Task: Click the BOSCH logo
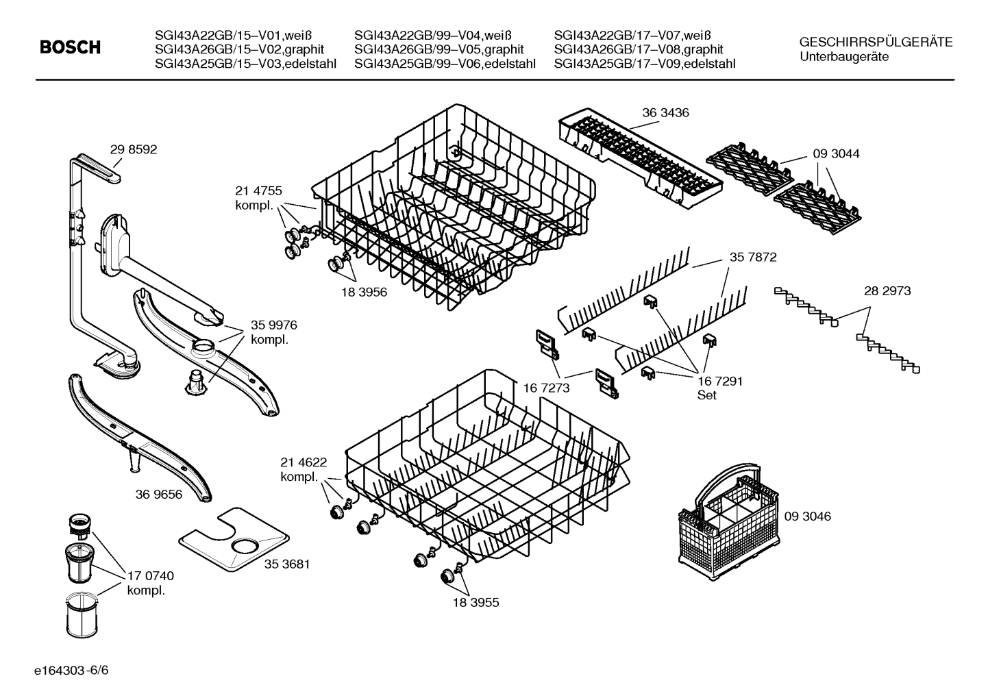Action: click(x=70, y=47)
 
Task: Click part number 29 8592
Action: click(x=133, y=149)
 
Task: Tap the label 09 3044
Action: click(x=836, y=154)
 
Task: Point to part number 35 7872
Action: click(x=753, y=258)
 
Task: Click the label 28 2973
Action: click(x=887, y=291)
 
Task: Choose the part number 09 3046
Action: click(x=807, y=516)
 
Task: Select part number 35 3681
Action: click(x=287, y=564)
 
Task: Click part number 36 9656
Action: click(x=159, y=494)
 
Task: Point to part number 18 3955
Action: click(x=476, y=603)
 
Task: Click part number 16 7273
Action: click(x=547, y=388)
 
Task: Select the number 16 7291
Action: click(x=719, y=382)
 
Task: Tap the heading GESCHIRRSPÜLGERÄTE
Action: click(x=876, y=42)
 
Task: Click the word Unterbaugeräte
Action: click(x=844, y=57)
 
